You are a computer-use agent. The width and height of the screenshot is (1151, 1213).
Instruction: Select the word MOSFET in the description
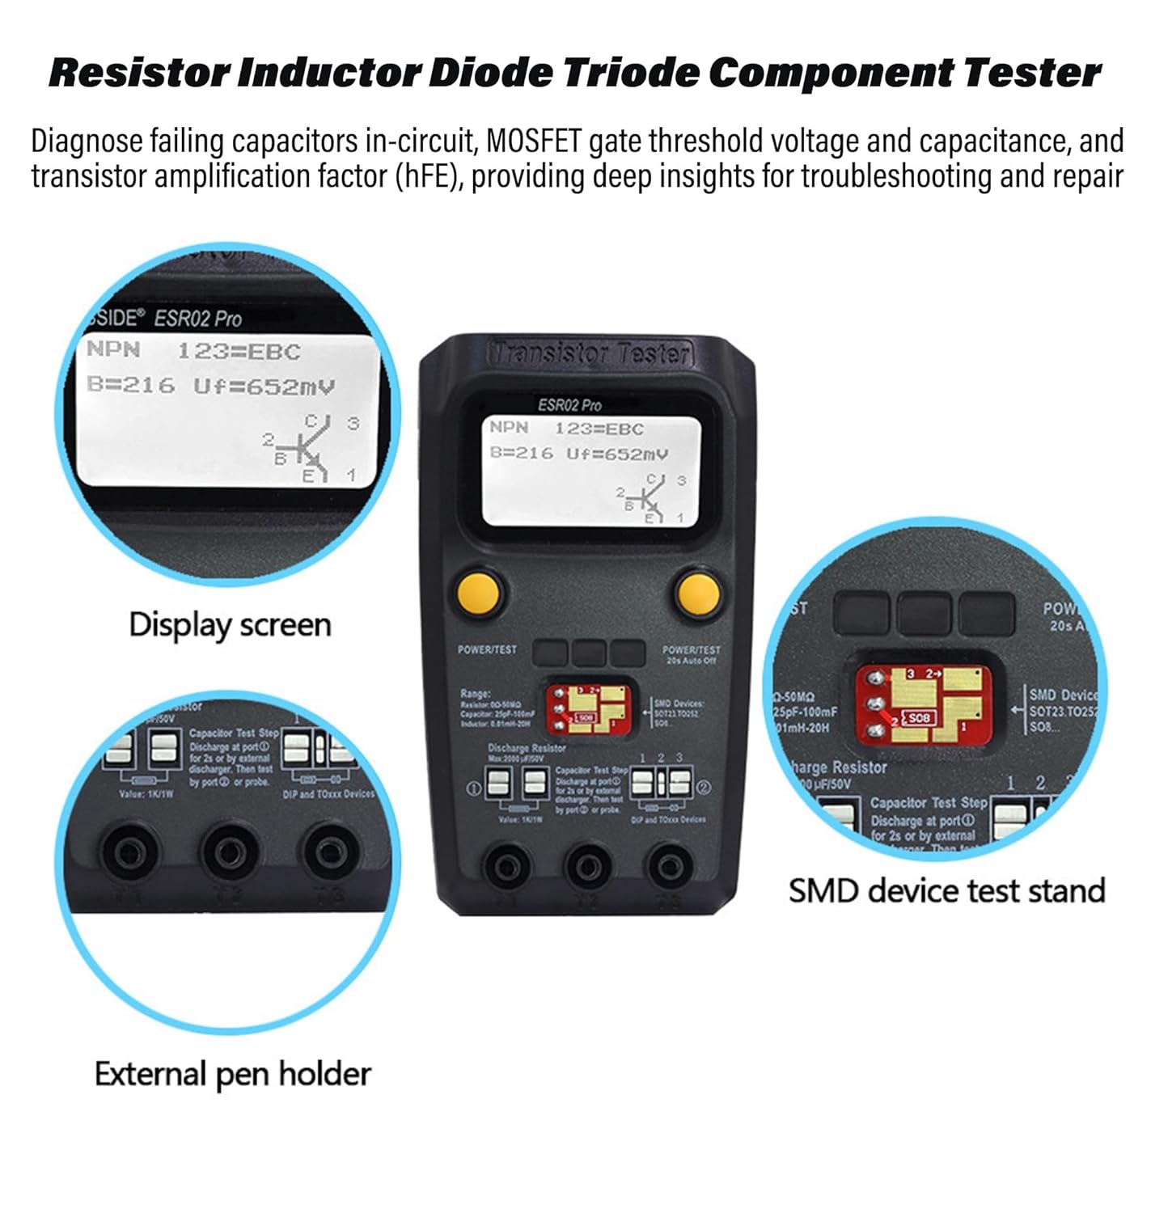[533, 141]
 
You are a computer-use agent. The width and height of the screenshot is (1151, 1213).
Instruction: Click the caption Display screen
[230, 625]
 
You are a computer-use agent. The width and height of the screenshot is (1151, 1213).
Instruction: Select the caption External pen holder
[233, 1074]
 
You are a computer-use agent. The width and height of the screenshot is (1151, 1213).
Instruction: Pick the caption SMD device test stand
[946, 890]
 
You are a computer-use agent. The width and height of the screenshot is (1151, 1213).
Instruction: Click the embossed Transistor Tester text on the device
[590, 353]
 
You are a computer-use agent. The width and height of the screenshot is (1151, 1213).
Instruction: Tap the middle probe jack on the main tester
[588, 867]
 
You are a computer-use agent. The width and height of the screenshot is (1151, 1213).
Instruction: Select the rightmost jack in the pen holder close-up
[328, 852]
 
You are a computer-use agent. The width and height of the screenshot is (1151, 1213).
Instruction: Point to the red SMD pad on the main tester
[589, 708]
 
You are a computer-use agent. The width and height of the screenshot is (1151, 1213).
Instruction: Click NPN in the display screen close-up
[113, 350]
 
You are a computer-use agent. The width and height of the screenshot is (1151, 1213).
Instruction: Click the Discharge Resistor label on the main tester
[527, 748]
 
